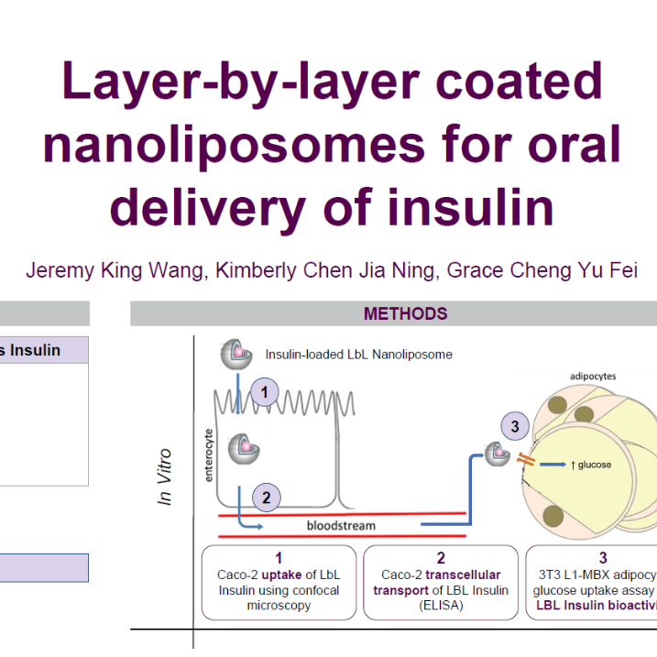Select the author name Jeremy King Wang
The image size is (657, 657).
click(115, 271)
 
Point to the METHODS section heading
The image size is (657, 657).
click(405, 313)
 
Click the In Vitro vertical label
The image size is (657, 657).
click(165, 476)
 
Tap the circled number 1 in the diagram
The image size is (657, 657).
click(264, 393)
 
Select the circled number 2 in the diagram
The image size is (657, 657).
click(266, 498)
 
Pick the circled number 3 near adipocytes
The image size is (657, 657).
click(515, 426)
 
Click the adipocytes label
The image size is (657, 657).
click(593, 376)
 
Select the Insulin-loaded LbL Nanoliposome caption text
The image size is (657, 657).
click(358, 354)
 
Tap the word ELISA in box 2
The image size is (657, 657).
click(441, 606)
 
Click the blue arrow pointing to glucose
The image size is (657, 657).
click(552, 464)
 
